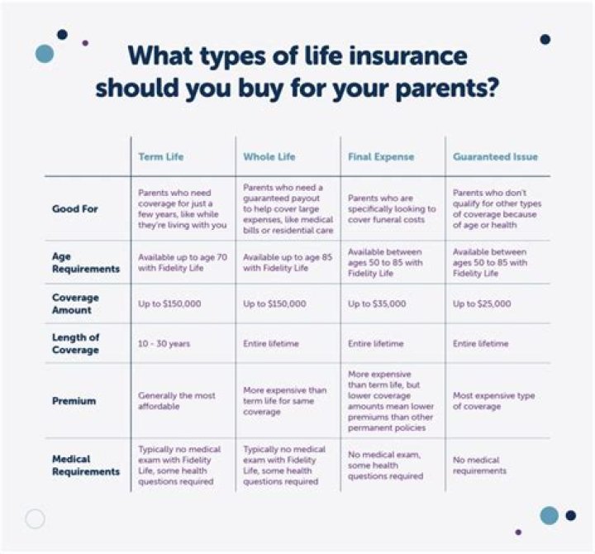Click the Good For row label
(75, 208)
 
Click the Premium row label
(74, 401)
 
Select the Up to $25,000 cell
(483, 303)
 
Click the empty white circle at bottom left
(35, 518)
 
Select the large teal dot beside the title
(45, 54)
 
